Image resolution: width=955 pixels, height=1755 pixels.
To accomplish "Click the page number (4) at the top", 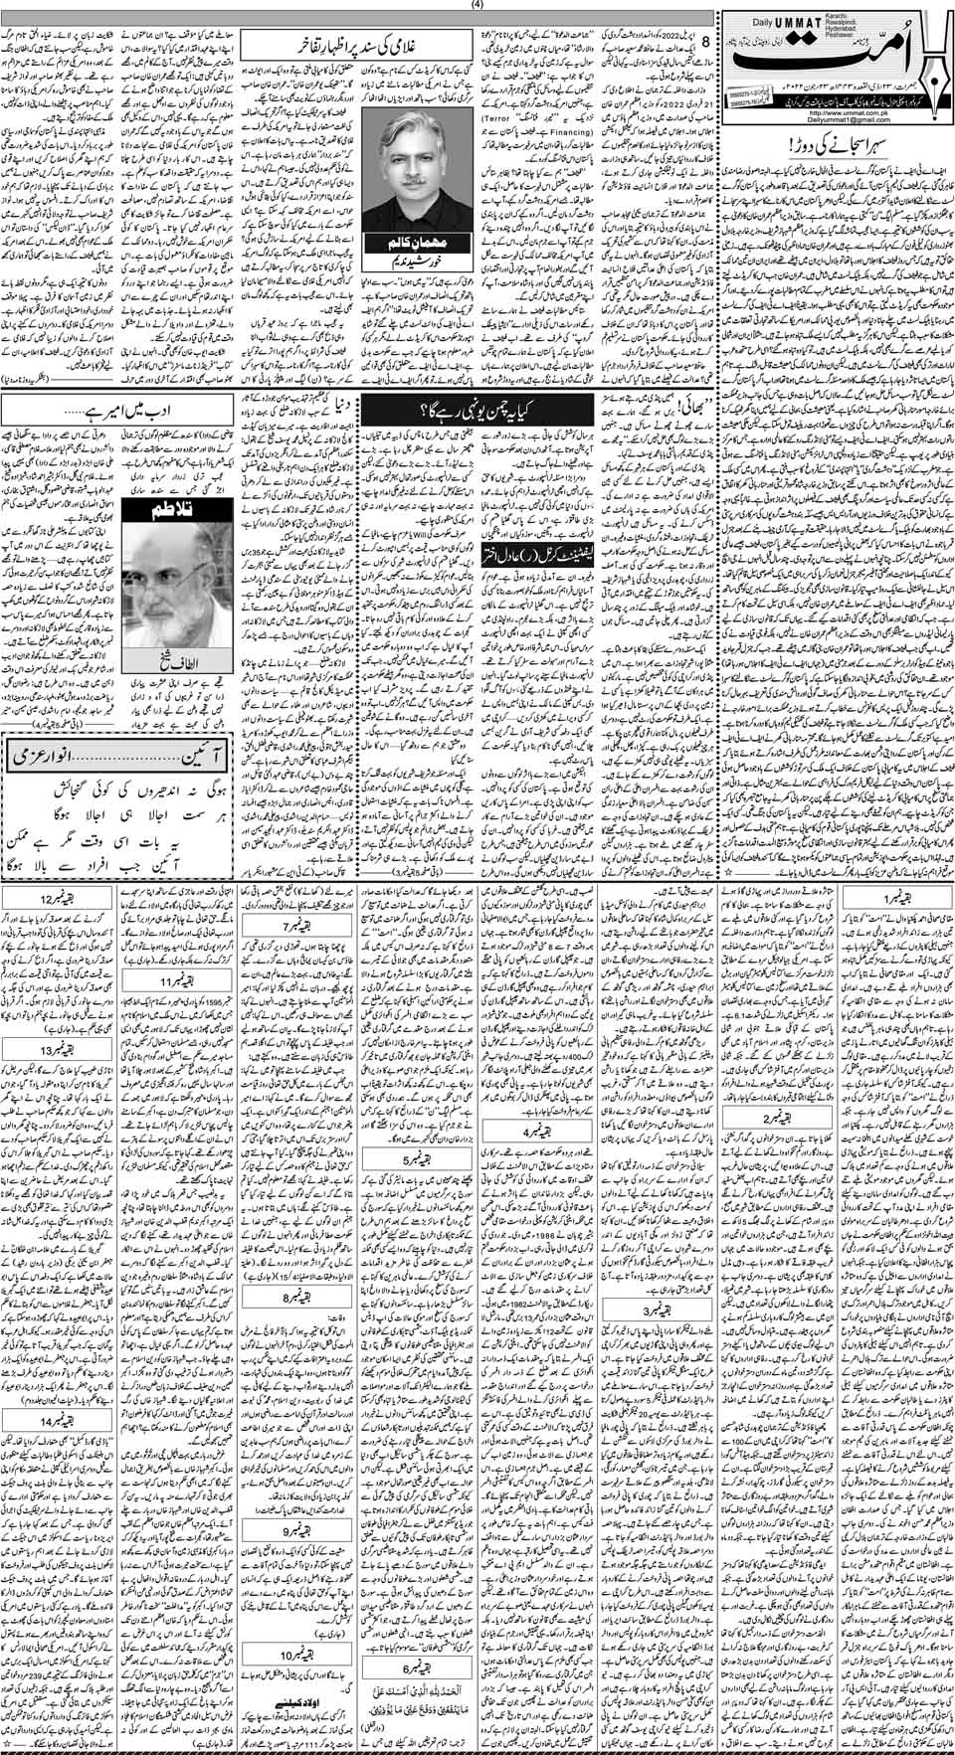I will coord(477,5).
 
